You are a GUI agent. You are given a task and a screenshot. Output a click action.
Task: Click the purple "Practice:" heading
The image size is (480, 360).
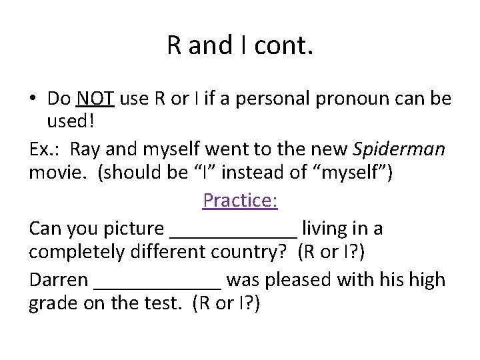click(240, 200)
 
